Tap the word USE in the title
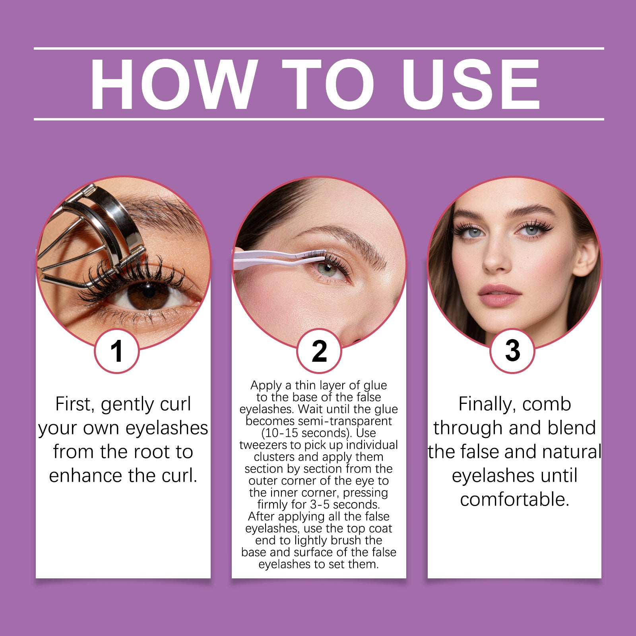(470, 84)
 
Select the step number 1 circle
(117, 351)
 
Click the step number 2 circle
(319, 351)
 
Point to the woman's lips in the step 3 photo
(499, 295)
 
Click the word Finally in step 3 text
(487, 405)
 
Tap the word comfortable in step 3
(514, 500)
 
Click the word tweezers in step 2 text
(263, 445)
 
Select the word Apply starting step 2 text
(266, 386)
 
